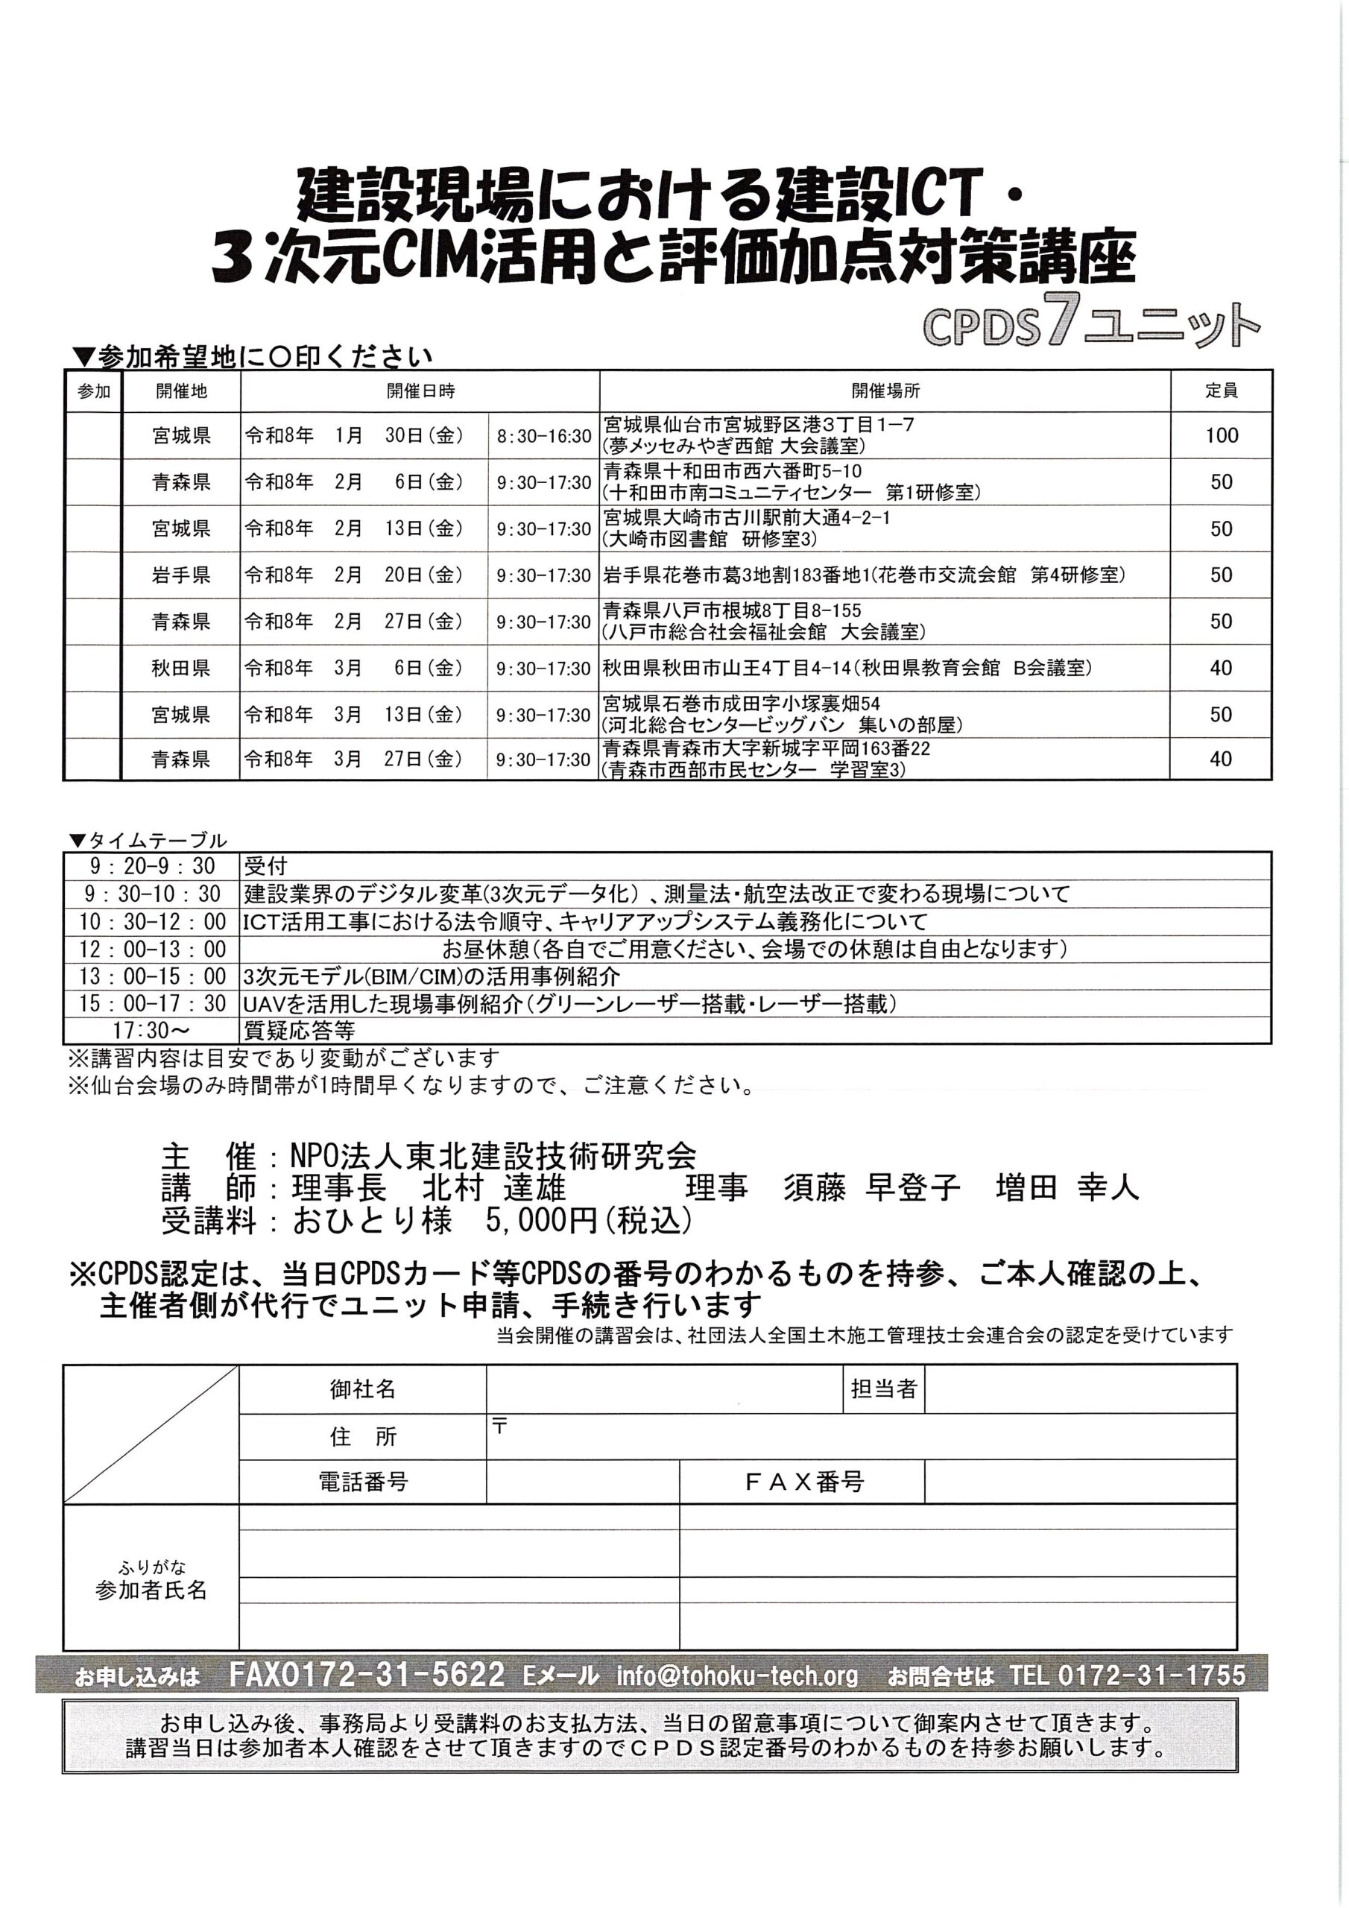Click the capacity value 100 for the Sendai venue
(1221, 435)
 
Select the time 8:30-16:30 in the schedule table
(543, 436)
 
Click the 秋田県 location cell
(181, 668)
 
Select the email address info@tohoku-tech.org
(737, 1675)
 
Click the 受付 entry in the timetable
(265, 867)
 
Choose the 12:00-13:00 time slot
(152, 949)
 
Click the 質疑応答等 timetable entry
(299, 1032)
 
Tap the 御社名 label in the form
(362, 1389)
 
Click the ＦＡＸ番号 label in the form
(802, 1482)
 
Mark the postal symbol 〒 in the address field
(499, 1427)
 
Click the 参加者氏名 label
(151, 1590)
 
